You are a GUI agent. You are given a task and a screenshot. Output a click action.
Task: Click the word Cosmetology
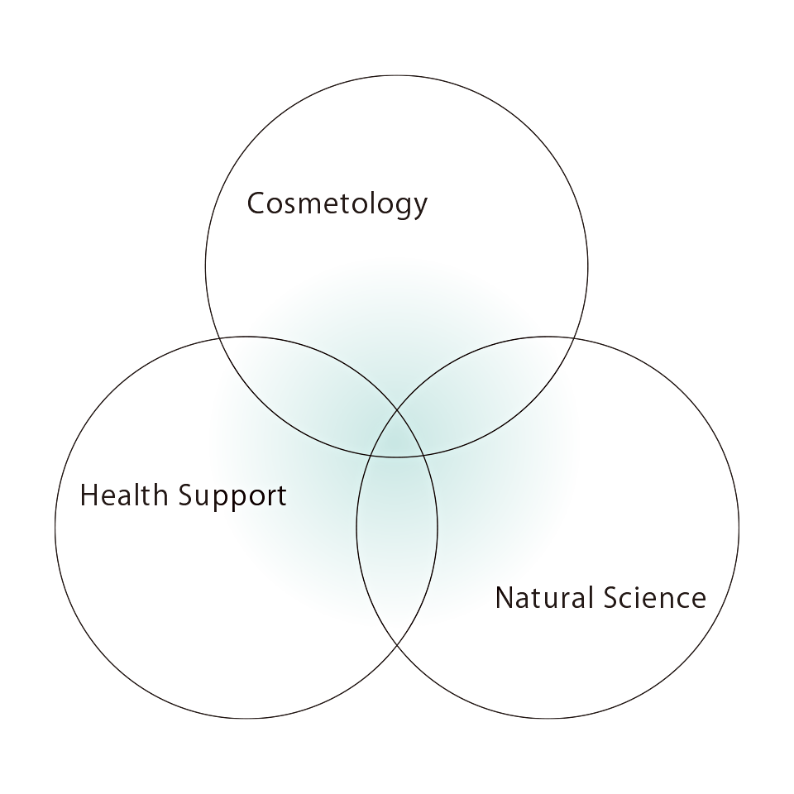[x=337, y=204]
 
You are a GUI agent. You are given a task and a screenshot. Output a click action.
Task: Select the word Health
[x=124, y=495]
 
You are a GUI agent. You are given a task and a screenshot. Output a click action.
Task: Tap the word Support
[x=232, y=497]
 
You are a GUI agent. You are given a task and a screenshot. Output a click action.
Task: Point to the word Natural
[x=544, y=597]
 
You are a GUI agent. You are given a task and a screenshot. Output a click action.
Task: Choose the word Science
[x=654, y=597]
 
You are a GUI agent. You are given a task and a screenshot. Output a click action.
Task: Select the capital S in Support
[x=185, y=495]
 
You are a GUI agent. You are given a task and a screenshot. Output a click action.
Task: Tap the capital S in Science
[x=610, y=597]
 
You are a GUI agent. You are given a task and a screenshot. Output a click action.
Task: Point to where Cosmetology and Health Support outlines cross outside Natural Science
[x=218, y=337]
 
